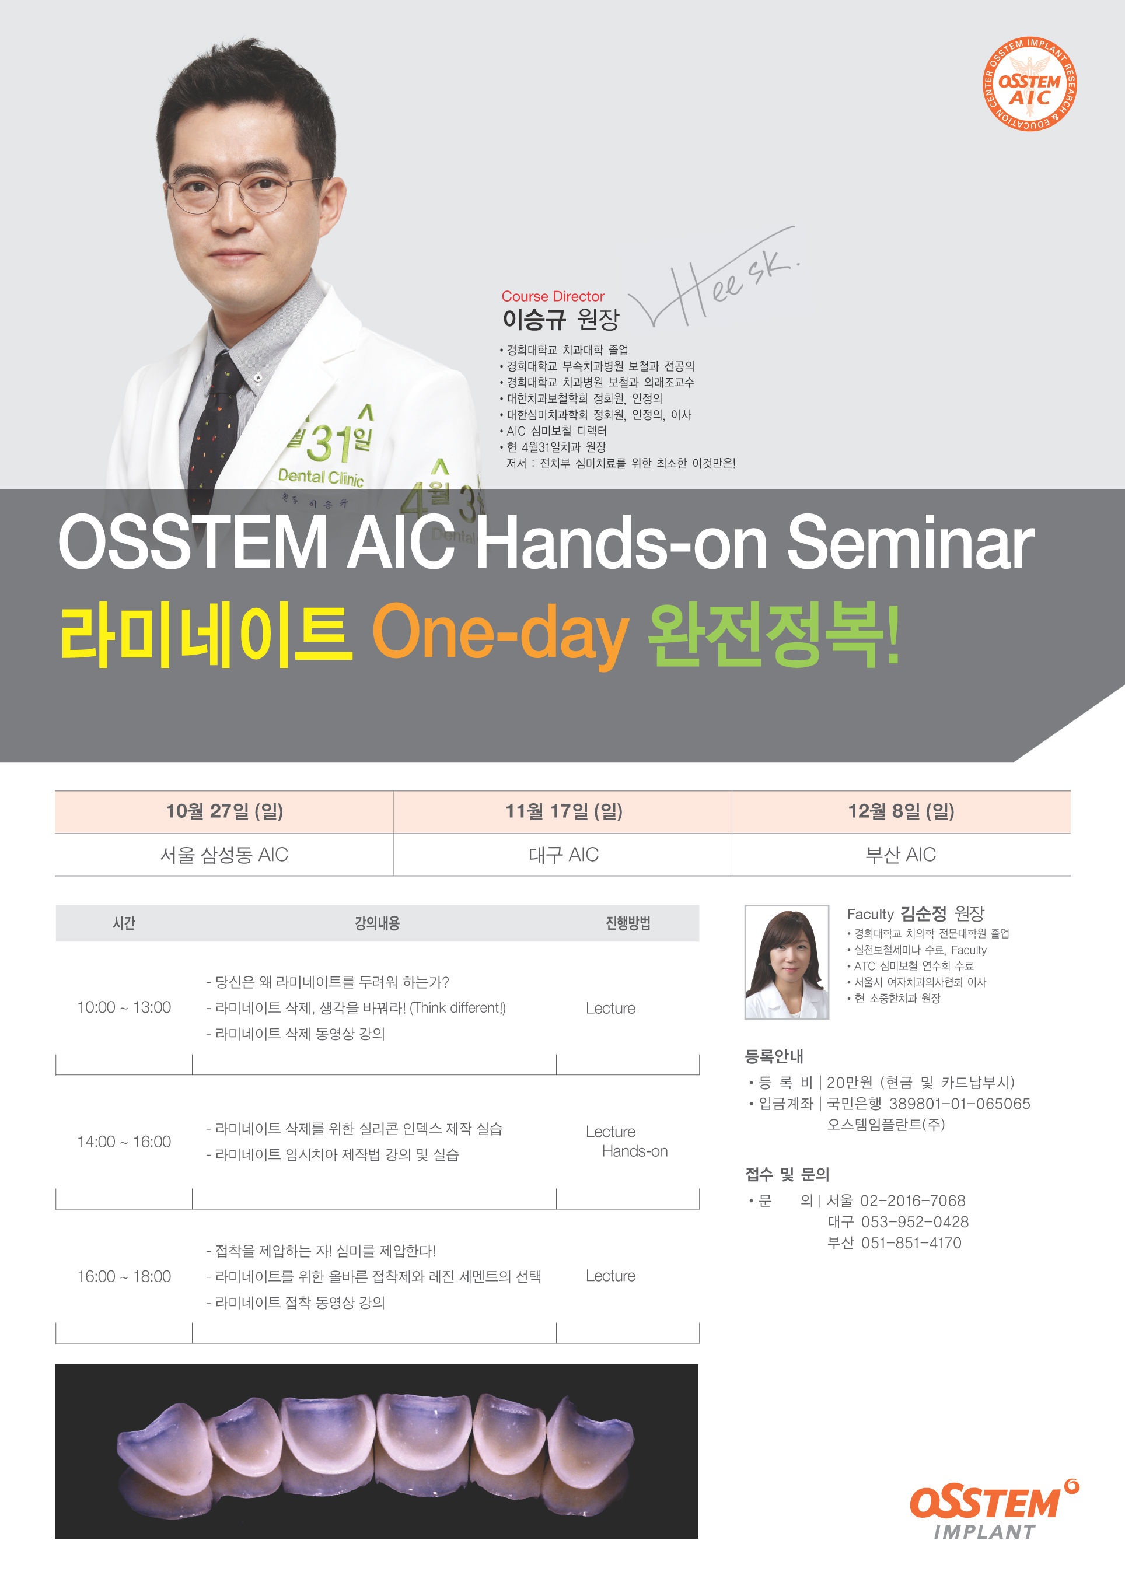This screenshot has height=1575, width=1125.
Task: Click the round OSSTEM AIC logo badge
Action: click(x=1029, y=84)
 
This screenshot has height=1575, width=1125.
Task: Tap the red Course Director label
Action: click(x=553, y=296)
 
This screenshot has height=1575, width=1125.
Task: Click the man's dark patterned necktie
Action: click(x=215, y=429)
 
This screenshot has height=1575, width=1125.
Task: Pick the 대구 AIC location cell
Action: click(x=563, y=855)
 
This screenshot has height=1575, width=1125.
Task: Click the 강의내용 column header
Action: click(x=377, y=923)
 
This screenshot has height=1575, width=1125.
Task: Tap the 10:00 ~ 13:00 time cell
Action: click(x=124, y=1008)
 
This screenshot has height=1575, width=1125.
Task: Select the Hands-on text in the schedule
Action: click(x=634, y=1151)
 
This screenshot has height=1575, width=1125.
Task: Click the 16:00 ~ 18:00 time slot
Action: click(x=124, y=1276)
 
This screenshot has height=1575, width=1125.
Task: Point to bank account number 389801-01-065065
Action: click(x=960, y=1104)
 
